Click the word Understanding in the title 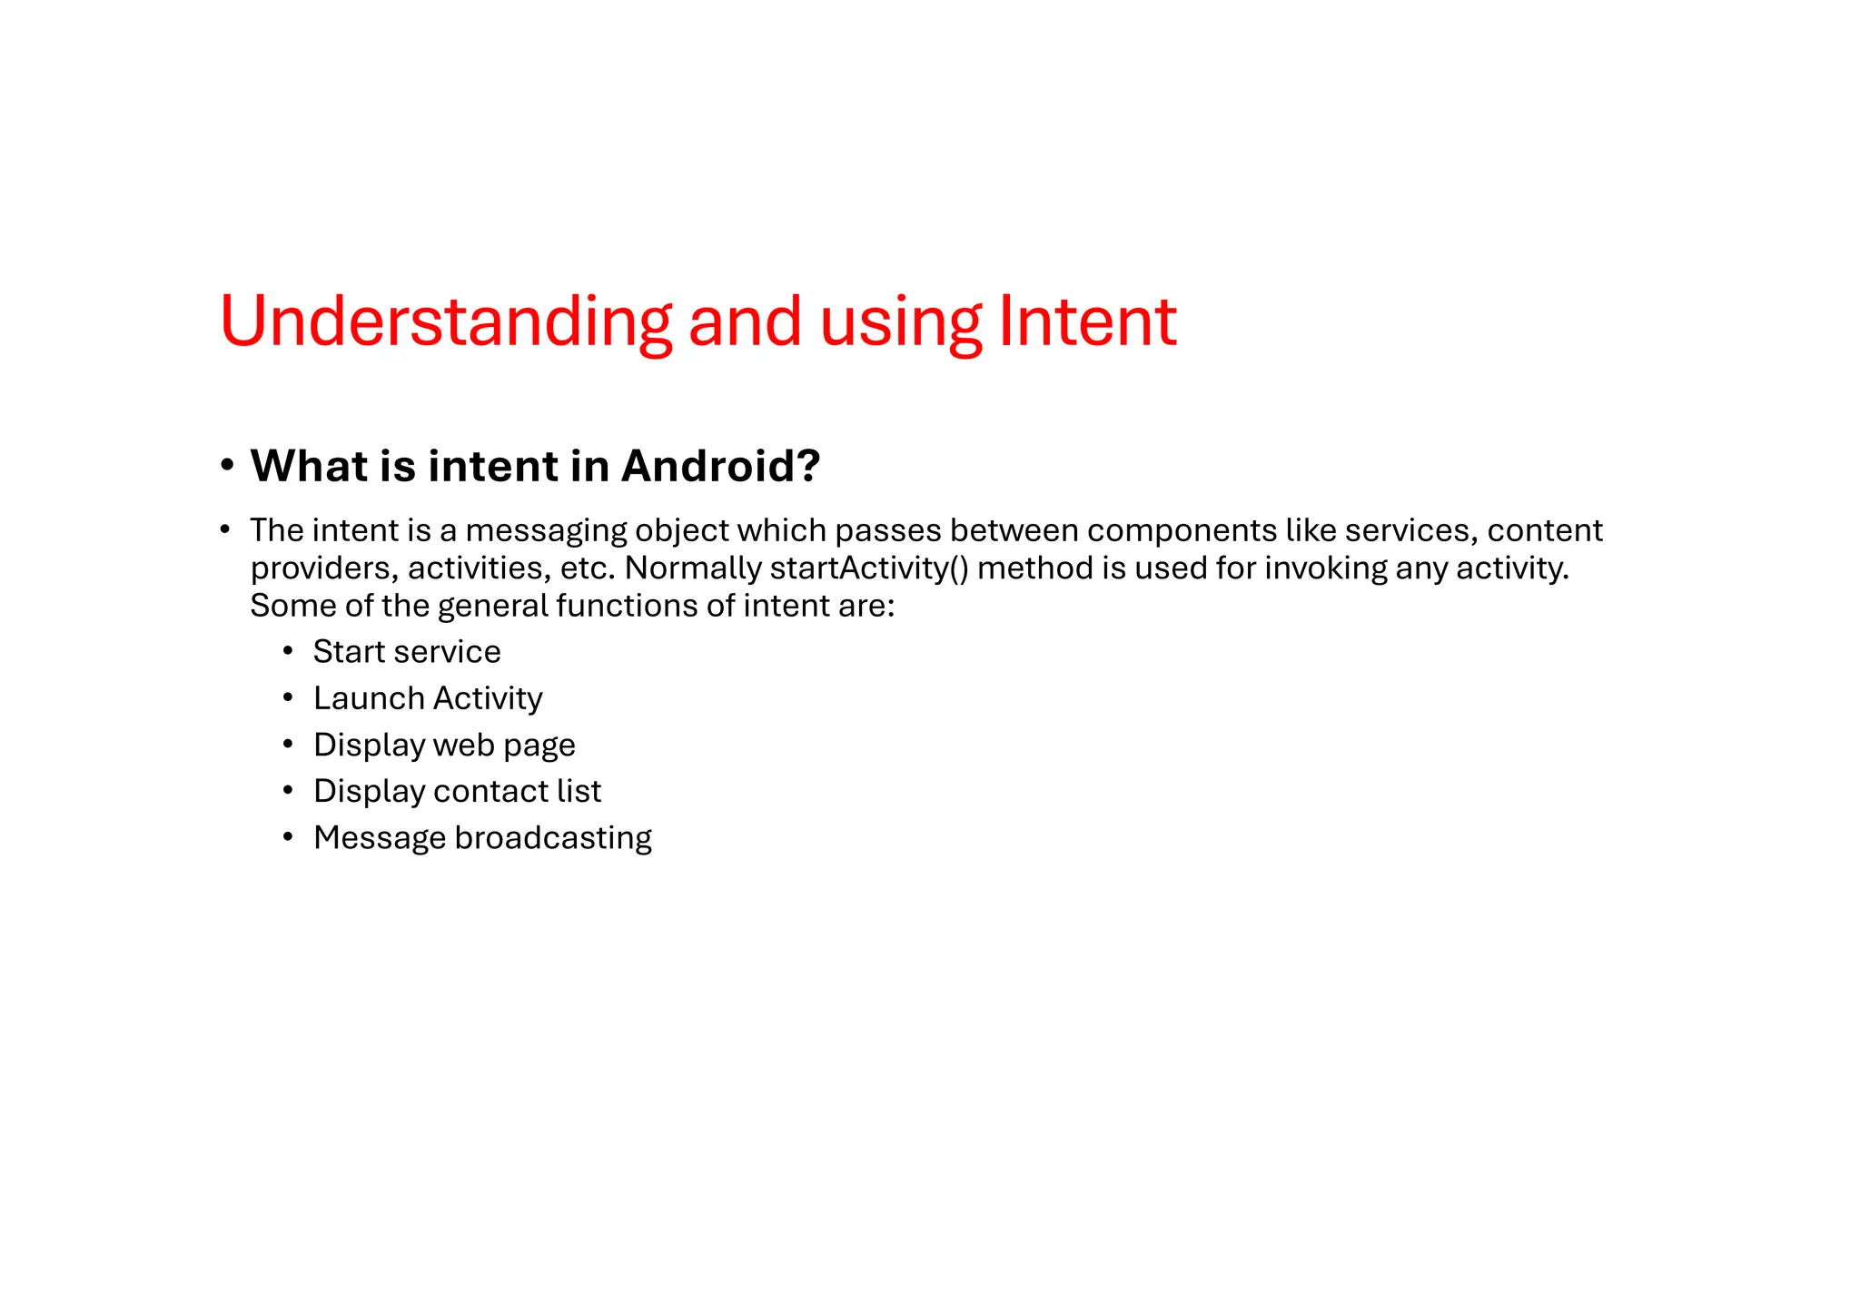(445, 321)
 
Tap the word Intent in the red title (1087, 321)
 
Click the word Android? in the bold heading (720, 466)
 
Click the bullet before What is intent (227, 466)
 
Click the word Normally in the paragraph (693, 568)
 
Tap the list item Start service (407, 652)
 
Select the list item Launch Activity (428, 698)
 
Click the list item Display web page (444, 745)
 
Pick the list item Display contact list (457, 791)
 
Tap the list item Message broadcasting (482, 837)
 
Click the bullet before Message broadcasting (288, 837)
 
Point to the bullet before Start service (288, 652)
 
